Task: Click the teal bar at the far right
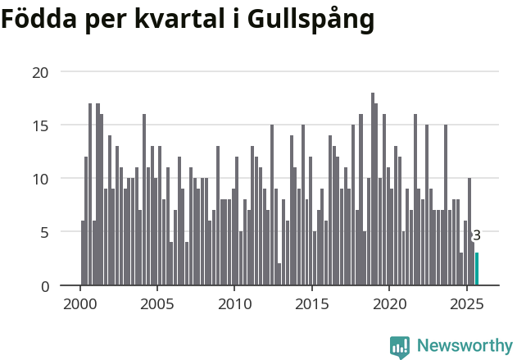(x=477, y=269)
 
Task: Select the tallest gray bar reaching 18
(x=373, y=190)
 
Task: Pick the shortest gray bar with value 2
(x=279, y=275)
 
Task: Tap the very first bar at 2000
(x=83, y=253)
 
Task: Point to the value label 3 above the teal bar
(x=477, y=236)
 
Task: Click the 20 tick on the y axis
(x=40, y=72)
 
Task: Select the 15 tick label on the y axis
(x=40, y=125)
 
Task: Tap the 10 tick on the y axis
(x=40, y=179)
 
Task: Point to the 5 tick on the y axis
(x=44, y=232)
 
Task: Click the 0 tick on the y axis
(x=44, y=285)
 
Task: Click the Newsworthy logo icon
(x=400, y=347)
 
